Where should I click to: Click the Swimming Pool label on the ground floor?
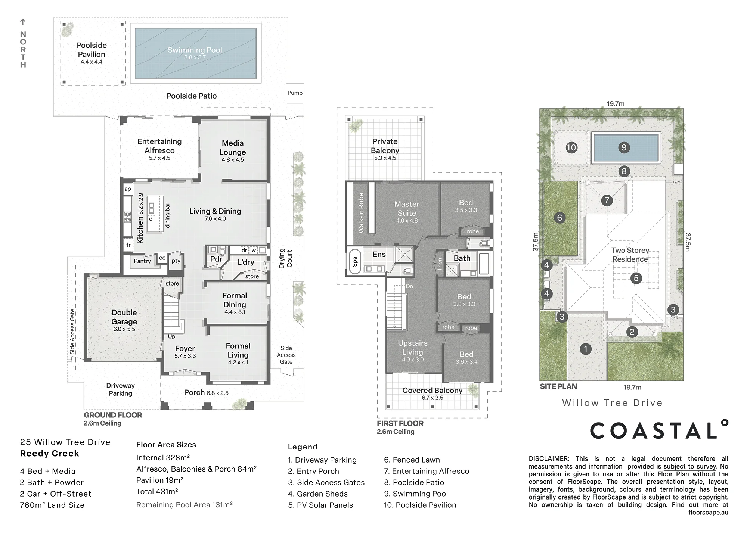pos(195,50)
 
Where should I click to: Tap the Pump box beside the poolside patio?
pos(295,93)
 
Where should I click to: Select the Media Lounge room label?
pos(233,148)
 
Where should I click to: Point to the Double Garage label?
pos(124,317)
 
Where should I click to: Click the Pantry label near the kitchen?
pos(142,261)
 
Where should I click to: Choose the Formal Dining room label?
pos(235,300)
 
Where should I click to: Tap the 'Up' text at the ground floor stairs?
pos(171,337)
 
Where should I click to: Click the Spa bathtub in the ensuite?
pos(355,261)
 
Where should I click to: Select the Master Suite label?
pos(407,209)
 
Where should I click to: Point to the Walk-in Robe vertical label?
pos(361,213)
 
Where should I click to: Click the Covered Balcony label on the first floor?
pos(433,391)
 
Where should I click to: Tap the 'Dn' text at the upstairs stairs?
pos(409,286)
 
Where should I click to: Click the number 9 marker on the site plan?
pos(624,147)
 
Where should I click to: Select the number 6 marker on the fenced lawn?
pos(560,218)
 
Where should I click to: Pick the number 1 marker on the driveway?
pos(586,349)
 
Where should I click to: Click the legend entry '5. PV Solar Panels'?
pos(320,505)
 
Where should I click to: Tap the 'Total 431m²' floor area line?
pos(157,492)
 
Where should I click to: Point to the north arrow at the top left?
pos(23,22)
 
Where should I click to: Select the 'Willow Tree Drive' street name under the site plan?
pos(612,403)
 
